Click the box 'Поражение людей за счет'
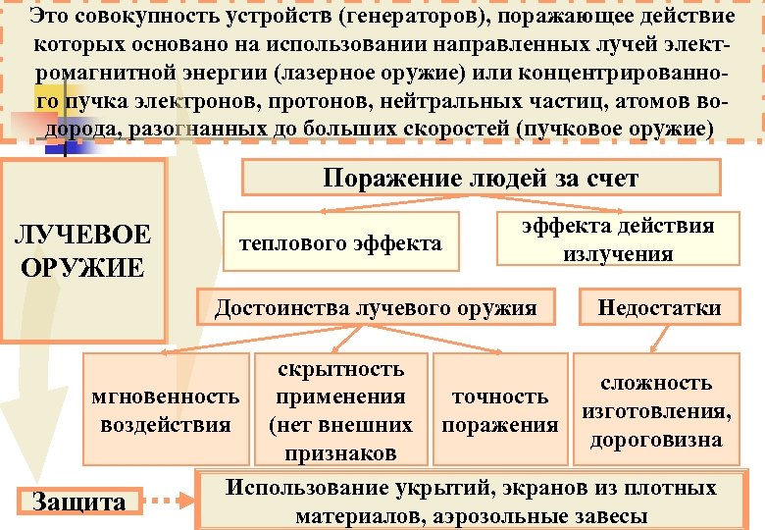(x=480, y=178)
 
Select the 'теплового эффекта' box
(x=342, y=241)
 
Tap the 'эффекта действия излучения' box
(x=618, y=239)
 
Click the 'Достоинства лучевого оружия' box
(x=376, y=308)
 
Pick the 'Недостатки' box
(x=659, y=308)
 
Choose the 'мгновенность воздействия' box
(x=165, y=410)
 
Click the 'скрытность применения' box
(x=340, y=410)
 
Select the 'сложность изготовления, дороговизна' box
(x=656, y=410)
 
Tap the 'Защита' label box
(x=79, y=503)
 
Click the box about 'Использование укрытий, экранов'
(x=471, y=503)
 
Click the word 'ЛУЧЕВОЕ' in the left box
(x=82, y=235)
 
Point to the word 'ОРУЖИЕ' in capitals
(x=82, y=266)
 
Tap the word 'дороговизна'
(x=656, y=440)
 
